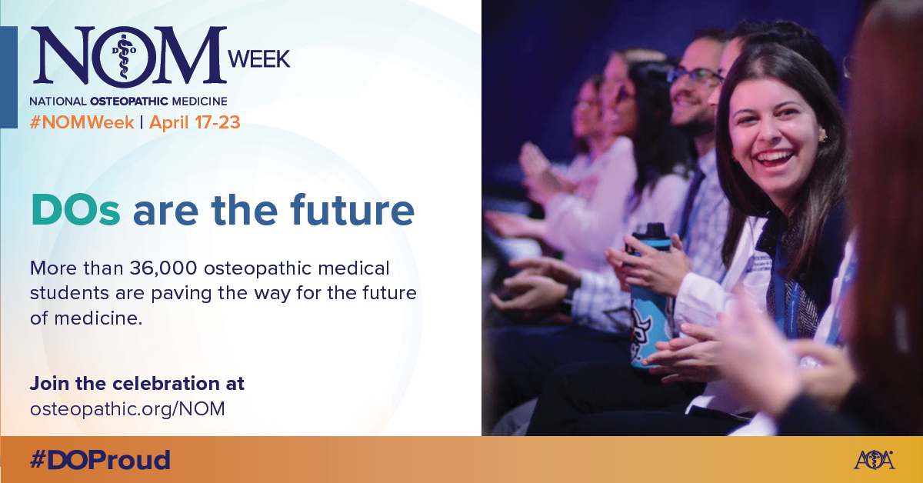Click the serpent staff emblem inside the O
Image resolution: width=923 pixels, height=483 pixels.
pos(124,56)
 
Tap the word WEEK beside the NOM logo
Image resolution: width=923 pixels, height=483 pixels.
pos(259,59)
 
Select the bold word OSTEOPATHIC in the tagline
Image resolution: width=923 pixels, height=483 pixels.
pos(129,101)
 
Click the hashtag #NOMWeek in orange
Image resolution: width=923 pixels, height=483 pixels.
pos(82,122)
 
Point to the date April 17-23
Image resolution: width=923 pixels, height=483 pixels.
pos(195,122)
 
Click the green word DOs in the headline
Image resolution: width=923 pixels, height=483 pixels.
pos(75,210)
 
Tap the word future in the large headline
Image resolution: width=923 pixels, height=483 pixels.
pos(352,210)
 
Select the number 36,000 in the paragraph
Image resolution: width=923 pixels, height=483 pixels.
pos(163,268)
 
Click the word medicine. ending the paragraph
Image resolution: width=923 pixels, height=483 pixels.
pos(98,318)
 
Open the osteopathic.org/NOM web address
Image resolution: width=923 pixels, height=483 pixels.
pos(128,409)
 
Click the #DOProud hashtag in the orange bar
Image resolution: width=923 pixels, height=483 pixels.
pos(100,459)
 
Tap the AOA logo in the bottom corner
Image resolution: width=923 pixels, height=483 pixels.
pos(874,460)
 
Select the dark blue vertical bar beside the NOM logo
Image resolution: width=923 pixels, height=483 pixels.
pos(8,77)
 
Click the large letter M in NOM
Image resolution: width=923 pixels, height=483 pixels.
pos(190,55)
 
